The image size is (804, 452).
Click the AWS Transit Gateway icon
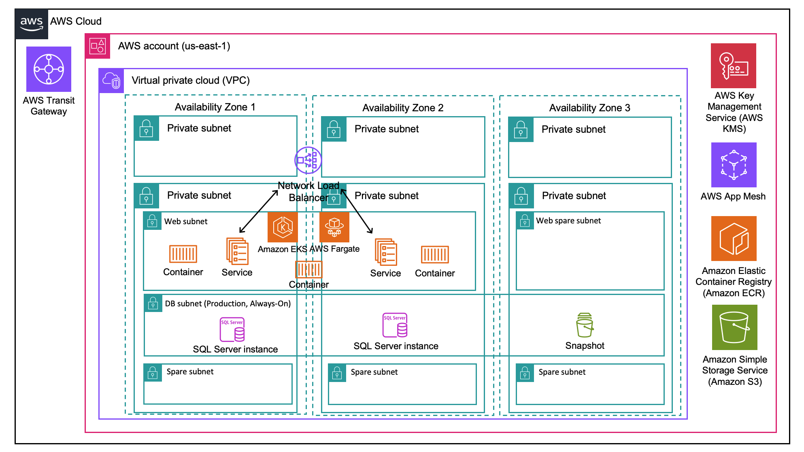pos(49,69)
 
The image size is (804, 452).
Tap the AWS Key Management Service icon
pos(733,66)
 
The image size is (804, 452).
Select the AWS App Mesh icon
pos(734,165)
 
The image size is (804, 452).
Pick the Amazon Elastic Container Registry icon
pos(734,238)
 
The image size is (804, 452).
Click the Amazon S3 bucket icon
pos(734,327)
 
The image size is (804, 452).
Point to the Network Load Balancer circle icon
pos(308,160)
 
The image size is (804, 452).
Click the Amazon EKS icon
pos(283,227)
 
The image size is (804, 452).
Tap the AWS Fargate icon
pos(334,227)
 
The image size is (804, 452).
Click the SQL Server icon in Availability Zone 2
pos(395,325)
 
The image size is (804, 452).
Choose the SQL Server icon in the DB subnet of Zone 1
pos(232,330)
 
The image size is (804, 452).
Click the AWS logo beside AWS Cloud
pos(32,24)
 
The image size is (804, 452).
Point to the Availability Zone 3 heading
pos(589,108)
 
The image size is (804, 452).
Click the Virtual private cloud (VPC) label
pos(191,81)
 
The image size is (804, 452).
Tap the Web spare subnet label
pos(568,221)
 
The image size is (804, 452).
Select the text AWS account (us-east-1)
pos(174,46)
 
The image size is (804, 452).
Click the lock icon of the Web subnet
pos(152,221)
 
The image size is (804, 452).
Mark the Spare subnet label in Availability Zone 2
pos(374,372)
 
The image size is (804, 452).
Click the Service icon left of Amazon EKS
pos(237,251)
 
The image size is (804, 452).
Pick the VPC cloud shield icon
pos(111,81)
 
